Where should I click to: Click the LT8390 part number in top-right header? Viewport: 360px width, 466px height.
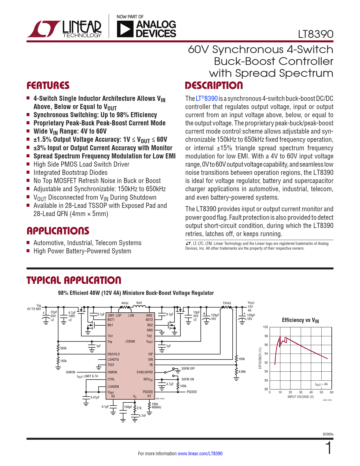pos(316,34)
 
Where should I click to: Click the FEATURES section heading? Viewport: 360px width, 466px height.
pos(48,86)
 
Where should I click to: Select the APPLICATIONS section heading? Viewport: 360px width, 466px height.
pos(58,231)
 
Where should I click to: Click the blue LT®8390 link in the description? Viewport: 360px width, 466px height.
pos(207,99)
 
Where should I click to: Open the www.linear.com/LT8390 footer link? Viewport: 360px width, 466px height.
pos(200,454)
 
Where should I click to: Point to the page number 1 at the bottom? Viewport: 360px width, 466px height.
pos(328,448)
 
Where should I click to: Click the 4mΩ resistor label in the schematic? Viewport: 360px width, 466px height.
pos(125,303)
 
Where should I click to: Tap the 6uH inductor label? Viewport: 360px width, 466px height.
pos(139,303)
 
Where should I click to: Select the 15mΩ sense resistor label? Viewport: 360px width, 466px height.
pos(227,303)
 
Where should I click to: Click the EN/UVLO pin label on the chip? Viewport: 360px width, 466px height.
pos(114,354)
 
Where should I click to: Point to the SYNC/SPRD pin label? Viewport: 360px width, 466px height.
pos(145,372)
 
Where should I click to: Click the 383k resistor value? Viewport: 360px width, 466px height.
pos(64,348)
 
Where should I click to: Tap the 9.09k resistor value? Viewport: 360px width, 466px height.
pos(242,372)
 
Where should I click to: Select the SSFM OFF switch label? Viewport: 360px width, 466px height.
pos(188,369)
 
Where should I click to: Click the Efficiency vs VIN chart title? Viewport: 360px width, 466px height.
pos(300,320)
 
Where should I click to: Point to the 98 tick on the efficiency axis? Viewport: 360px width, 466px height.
pos(266,336)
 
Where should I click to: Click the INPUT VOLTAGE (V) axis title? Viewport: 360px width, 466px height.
pos(300,397)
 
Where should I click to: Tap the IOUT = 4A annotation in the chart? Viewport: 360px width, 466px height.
pos(321,384)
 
